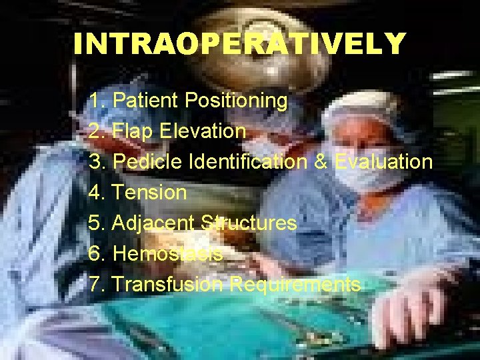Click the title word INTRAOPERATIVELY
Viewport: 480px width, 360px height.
coord(239,44)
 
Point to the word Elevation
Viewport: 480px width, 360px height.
coord(203,131)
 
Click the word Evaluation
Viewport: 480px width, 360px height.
coord(383,162)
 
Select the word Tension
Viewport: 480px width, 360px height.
coord(150,193)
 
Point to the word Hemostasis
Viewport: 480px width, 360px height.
coord(167,254)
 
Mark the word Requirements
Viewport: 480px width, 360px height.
coord(295,285)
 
